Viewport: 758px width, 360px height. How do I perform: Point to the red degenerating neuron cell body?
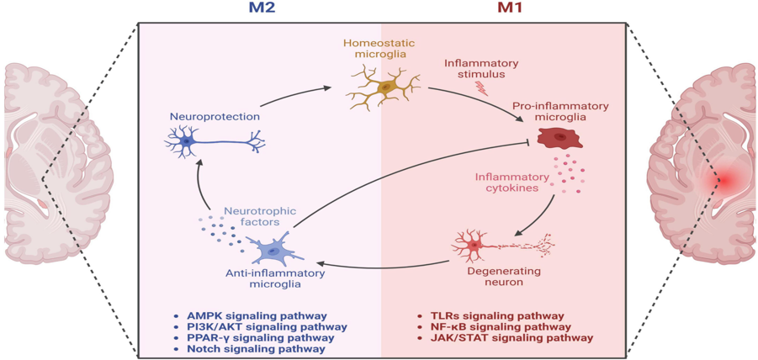[x=474, y=245]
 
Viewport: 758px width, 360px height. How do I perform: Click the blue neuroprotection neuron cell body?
[x=187, y=142]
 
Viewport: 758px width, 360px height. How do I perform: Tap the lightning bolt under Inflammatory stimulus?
[x=482, y=87]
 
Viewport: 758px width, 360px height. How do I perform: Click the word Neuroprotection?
[x=215, y=117]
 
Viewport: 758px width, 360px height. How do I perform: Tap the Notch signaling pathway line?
[x=256, y=348]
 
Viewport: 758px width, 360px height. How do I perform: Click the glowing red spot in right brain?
[x=722, y=179]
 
